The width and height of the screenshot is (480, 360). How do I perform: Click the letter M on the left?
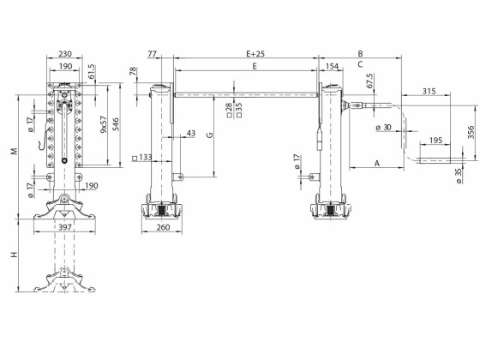click(13, 151)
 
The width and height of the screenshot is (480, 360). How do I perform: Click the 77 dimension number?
click(153, 53)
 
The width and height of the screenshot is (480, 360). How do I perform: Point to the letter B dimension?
click(360, 53)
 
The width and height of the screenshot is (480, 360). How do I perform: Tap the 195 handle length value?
click(435, 140)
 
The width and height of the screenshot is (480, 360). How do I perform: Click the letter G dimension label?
click(210, 135)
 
